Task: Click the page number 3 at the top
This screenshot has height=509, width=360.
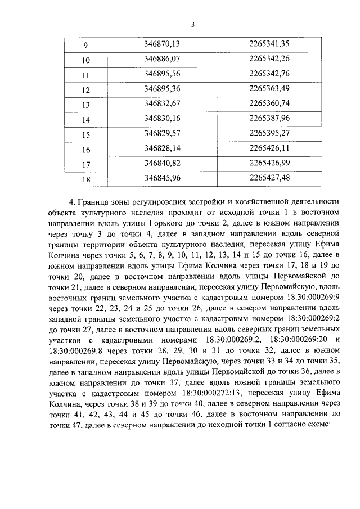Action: pos(192,24)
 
